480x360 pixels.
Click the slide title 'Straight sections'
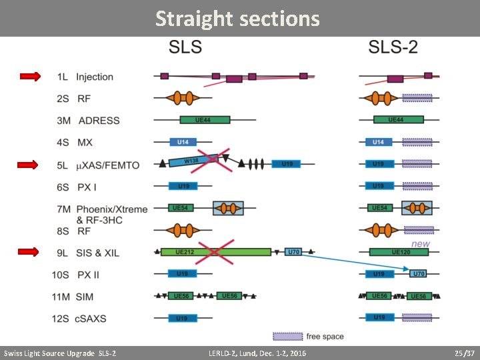[237, 19]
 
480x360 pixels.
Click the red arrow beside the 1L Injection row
[31, 77]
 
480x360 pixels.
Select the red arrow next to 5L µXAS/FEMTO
[28, 165]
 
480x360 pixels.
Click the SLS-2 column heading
[393, 47]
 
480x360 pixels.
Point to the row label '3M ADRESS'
[89, 121]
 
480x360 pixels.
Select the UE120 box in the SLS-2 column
[399, 252]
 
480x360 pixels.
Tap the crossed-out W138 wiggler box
[192, 161]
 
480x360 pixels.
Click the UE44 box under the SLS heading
[204, 120]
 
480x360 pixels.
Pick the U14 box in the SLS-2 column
[379, 142]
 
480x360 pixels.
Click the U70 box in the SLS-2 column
[418, 274]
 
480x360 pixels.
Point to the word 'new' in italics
[421, 244]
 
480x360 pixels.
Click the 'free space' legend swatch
[287, 336]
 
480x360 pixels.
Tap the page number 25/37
[463, 353]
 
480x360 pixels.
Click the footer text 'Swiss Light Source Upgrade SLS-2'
[60, 353]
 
